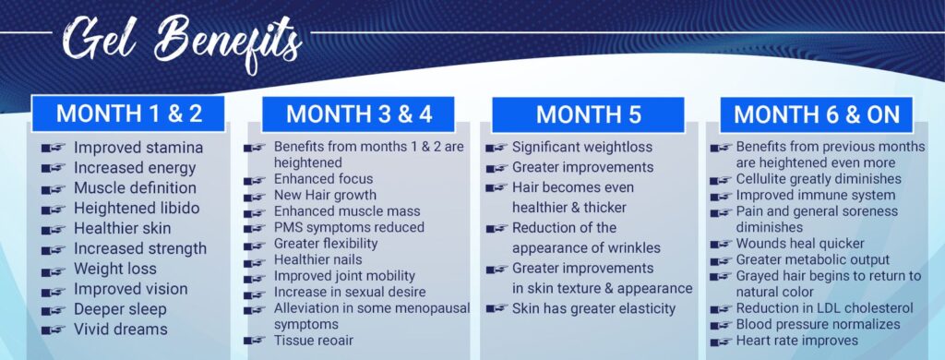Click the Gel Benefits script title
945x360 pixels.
tap(183, 42)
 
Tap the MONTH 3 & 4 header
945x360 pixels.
tap(358, 114)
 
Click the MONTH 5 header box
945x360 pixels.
tap(588, 114)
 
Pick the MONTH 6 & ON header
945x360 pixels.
tap(816, 114)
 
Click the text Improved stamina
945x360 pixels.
tap(138, 148)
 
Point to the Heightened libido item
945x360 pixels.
tap(137, 209)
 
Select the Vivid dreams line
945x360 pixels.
tap(121, 330)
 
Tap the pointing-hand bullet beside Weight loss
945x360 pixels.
tap(53, 270)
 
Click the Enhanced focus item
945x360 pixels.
tap(324, 179)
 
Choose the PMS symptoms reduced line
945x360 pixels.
tap(349, 227)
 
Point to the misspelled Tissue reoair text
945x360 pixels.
tap(314, 341)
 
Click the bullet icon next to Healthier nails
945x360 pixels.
tap(255, 262)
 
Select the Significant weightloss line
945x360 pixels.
tap(582, 147)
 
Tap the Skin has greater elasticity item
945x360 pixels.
tap(593, 308)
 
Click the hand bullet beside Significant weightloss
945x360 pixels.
tap(496, 149)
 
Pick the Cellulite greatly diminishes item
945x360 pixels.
tap(819, 179)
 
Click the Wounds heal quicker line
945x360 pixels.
tap(800, 244)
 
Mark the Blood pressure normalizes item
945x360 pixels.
tap(818, 324)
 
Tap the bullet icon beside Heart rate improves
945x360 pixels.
tap(722, 342)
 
